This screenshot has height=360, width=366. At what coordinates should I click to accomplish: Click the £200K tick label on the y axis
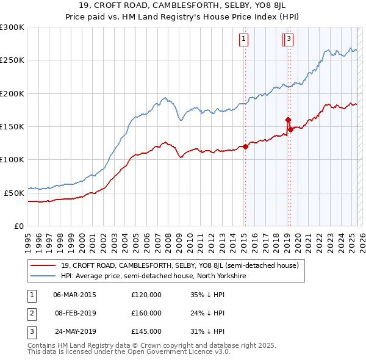click(12, 93)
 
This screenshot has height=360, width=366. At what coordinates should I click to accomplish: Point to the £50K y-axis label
click(13, 192)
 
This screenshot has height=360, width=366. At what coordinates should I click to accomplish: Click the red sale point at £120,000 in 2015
click(245, 146)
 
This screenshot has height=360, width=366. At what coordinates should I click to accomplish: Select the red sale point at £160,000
click(288, 120)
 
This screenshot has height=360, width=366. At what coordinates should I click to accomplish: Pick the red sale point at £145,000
click(291, 130)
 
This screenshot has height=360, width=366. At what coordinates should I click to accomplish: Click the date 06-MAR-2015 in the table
click(75, 295)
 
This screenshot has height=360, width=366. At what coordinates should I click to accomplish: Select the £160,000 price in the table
click(146, 313)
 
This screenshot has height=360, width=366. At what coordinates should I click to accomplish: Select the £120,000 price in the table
click(146, 295)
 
